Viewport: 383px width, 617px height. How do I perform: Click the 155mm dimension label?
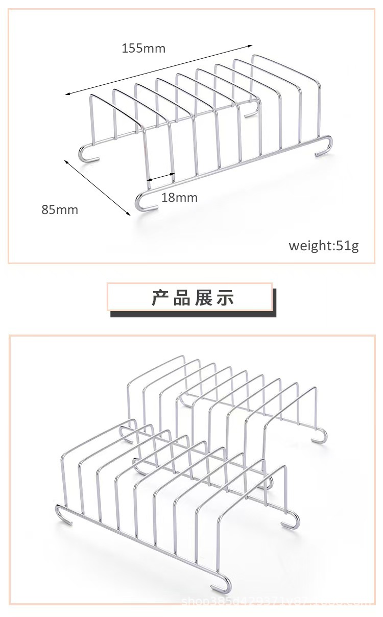[143, 49]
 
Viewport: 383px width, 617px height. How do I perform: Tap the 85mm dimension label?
[60, 209]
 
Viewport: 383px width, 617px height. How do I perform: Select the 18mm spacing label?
[179, 197]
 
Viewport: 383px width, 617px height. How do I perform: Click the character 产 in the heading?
[160, 297]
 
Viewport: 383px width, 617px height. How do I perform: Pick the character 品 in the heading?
[181, 297]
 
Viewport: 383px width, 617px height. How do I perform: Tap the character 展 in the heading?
[203, 297]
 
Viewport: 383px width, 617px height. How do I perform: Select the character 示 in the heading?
[225, 297]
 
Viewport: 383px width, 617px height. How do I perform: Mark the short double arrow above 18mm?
[161, 177]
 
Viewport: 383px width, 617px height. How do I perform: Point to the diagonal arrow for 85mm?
[97, 187]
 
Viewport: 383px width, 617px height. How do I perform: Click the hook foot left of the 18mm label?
[141, 202]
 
